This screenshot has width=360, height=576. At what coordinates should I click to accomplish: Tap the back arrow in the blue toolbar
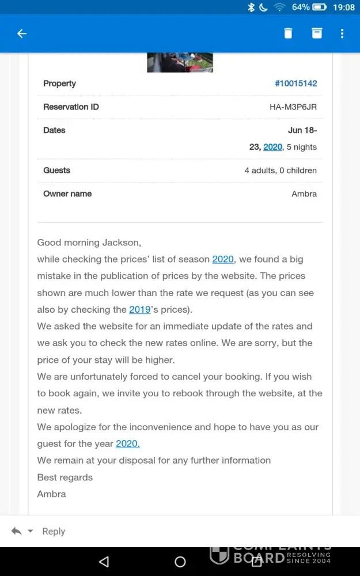click(22, 33)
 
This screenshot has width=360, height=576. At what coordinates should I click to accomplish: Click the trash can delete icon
click(288, 33)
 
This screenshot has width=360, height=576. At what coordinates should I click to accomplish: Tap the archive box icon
click(317, 33)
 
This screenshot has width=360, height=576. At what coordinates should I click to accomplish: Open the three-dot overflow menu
click(342, 33)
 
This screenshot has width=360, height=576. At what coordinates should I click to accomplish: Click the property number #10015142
click(295, 84)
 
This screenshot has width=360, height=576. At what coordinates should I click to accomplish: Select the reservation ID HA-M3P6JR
click(293, 107)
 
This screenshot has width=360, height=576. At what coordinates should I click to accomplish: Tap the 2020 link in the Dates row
click(272, 147)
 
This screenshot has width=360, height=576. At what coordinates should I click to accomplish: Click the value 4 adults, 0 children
click(281, 170)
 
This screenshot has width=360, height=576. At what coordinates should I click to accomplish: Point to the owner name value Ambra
click(304, 194)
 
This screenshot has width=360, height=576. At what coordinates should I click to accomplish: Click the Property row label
click(59, 84)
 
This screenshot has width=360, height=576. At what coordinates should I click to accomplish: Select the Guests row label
click(56, 170)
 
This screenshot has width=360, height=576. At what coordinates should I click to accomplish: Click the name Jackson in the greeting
click(120, 242)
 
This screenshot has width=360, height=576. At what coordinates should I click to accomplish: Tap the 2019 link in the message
click(140, 309)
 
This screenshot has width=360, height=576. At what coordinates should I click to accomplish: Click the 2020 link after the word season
click(223, 259)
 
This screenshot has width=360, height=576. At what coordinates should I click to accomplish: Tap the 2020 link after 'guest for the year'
click(128, 444)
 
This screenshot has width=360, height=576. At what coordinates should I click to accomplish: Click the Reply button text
click(54, 532)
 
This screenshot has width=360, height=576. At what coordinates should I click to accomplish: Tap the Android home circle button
click(180, 562)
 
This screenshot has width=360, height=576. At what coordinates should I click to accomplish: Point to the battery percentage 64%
click(301, 7)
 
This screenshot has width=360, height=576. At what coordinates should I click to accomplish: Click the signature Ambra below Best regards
click(51, 494)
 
